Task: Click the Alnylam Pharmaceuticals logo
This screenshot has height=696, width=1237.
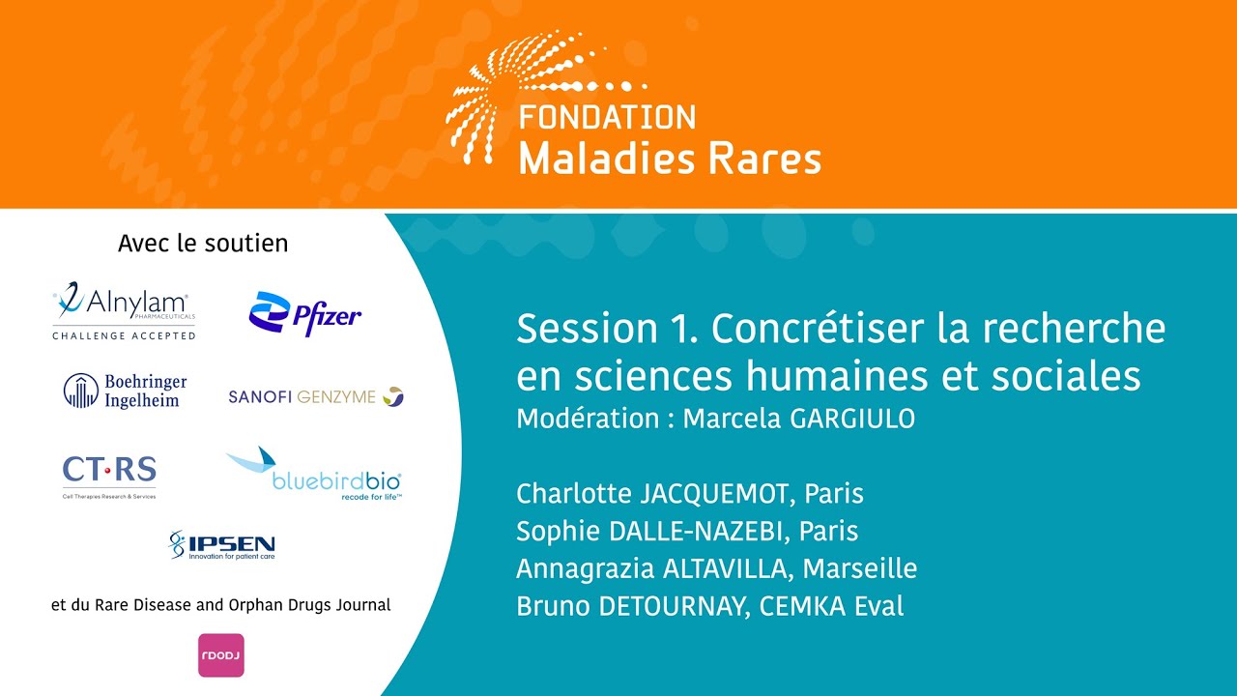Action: tap(124, 310)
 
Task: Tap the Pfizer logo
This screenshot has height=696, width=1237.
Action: tap(305, 314)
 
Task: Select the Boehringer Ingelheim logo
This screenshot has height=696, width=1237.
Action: tap(126, 391)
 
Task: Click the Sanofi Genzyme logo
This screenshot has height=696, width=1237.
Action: tap(316, 396)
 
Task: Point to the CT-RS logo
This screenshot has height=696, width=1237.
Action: tap(109, 474)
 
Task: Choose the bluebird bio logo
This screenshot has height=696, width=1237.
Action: tap(314, 476)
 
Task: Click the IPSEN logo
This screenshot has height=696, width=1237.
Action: tap(221, 546)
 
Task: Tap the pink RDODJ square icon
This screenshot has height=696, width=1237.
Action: tap(221, 654)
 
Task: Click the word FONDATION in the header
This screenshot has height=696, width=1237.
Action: tap(607, 118)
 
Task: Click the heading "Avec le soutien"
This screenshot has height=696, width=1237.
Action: tap(203, 244)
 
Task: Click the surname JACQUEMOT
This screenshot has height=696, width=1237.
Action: tap(717, 494)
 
